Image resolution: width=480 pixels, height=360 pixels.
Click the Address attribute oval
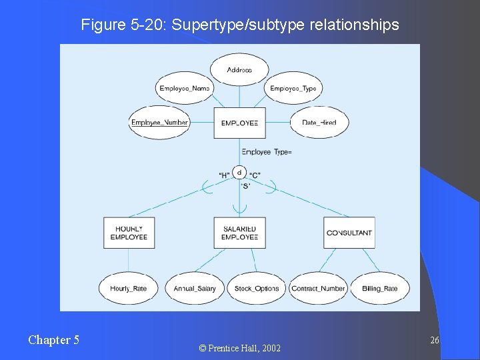(x=239, y=69)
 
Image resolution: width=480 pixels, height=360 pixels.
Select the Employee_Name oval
(x=185, y=88)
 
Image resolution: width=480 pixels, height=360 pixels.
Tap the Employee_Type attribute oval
(x=293, y=88)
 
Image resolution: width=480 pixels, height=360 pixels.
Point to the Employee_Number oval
(x=159, y=123)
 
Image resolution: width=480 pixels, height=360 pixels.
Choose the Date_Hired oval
(x=319, y=123)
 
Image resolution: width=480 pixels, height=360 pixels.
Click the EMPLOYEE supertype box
(x=239, y=123)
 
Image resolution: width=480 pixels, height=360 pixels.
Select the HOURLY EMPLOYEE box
(x=129, y=233)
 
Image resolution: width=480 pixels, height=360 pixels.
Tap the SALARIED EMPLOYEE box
(x=239, y=233)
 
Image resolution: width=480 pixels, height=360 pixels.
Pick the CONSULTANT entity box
(x=349, y=233)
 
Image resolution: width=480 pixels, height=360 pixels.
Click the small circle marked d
(x=239, y=173)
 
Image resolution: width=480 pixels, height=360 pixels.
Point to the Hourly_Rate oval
(x=129, y=288)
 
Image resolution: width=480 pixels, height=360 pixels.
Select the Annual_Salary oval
(x=195, y=288)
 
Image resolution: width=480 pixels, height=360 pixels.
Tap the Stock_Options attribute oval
(x=257, y=288)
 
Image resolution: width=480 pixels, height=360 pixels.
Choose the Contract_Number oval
(x=318, y=288)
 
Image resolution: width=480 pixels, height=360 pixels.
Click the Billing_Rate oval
(x=380, y=288)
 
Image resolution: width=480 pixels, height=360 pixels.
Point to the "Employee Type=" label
(x=267, y=152)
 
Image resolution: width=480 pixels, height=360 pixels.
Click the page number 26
(x=435, y=341)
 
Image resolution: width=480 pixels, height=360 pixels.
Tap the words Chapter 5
(x=53, y=340)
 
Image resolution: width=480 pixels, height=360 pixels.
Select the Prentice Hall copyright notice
(x=240, y=348)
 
